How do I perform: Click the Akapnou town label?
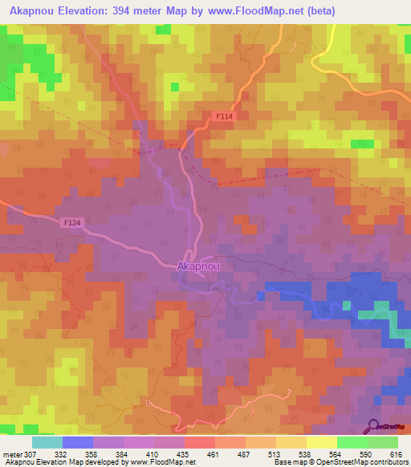click(197, 264)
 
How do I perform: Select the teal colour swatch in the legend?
click(47, 442)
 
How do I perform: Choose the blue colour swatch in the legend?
click(77, 442)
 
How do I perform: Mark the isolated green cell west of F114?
click(173, 87)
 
